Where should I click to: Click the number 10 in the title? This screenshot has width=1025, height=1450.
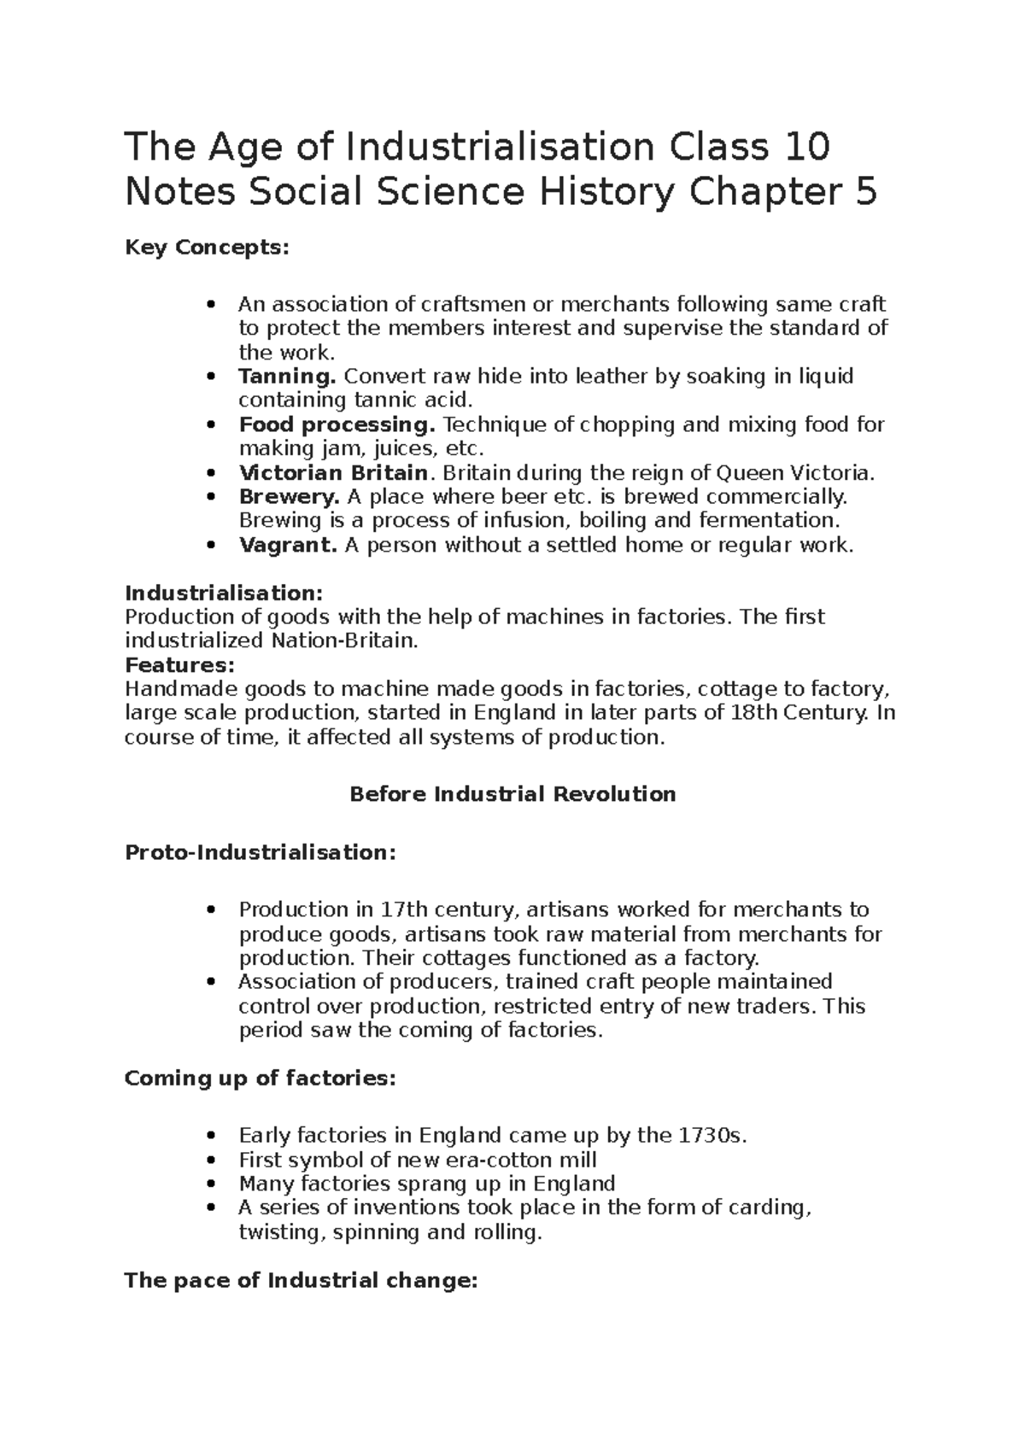(805, 147)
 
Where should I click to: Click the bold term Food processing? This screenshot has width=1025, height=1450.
(337, 424)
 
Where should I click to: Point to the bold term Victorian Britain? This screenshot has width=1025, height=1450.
(333, 473)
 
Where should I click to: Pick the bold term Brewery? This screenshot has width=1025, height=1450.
(289, 497)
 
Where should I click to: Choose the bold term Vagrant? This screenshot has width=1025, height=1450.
(288, 545)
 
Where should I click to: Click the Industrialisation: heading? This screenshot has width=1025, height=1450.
(225, 593)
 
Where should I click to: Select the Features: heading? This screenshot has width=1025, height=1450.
(179, 664)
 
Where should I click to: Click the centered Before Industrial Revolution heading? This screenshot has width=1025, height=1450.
(512, 794)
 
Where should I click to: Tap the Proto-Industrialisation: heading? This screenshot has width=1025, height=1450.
(261, 852)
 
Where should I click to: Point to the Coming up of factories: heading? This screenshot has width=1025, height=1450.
(261, 1079)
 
